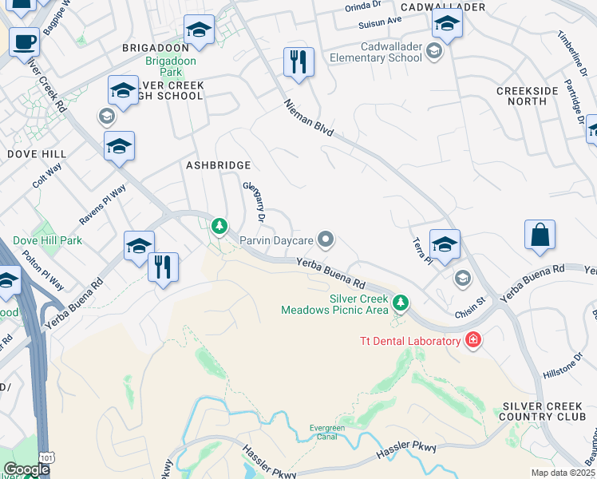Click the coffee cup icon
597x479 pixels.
coord(24,41)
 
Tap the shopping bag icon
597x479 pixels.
coord(540,236)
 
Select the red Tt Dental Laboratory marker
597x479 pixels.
coord(473,341)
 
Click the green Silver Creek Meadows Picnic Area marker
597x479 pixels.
coord(401,303)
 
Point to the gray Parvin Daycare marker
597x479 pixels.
coord(325,239)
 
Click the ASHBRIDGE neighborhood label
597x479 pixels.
coord(218,165)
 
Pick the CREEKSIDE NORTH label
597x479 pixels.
coord(527,96)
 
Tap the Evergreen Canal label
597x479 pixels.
coord(327,433)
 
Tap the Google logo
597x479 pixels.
coord(26,469)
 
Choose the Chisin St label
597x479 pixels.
coord(470,305)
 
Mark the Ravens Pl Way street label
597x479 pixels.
coord(102,204)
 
